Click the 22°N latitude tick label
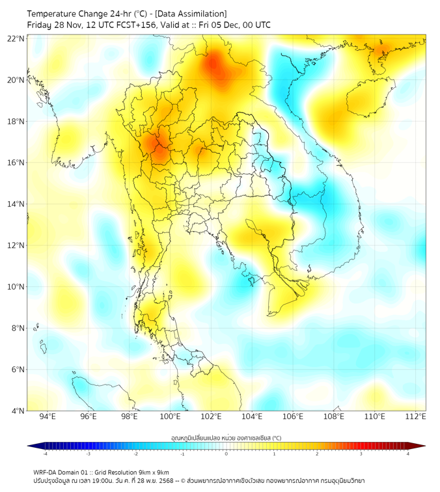click(x=16, y=38)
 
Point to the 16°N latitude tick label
click(x=16, y=163)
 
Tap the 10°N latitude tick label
click(x=16, y=287)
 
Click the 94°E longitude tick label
click(x=48, y=417)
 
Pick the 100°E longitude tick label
click(x=170, y=417)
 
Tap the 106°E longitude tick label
click(x=293, y=417)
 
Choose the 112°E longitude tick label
click(x=415, y=417)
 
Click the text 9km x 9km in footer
click(x=150, y=472)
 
